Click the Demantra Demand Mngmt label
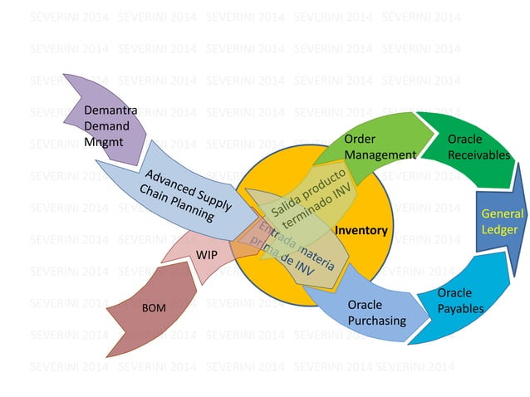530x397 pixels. pos(110,126)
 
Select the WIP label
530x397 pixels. pos(206,254)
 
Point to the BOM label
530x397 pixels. pos(154,309)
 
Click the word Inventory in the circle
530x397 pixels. pos(361,230)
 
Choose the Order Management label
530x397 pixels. pos(380,146)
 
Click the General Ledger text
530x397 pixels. pos(501,221)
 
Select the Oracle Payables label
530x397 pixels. pos(460,301)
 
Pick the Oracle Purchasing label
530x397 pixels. pos(376,312)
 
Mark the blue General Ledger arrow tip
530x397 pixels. pos(520,221)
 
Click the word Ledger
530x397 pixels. pos(501,229)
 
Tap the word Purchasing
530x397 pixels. pos(376,321)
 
